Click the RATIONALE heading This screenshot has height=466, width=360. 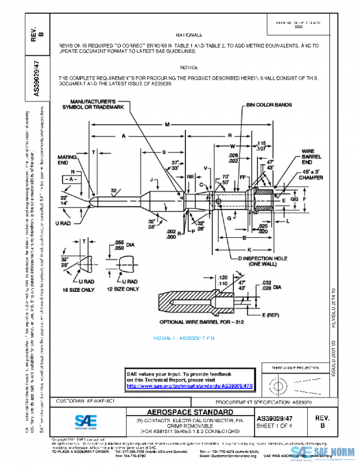(x=189, y=36)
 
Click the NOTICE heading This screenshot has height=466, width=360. (x=189, y=68)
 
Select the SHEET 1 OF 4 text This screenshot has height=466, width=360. (x=277, y=425)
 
